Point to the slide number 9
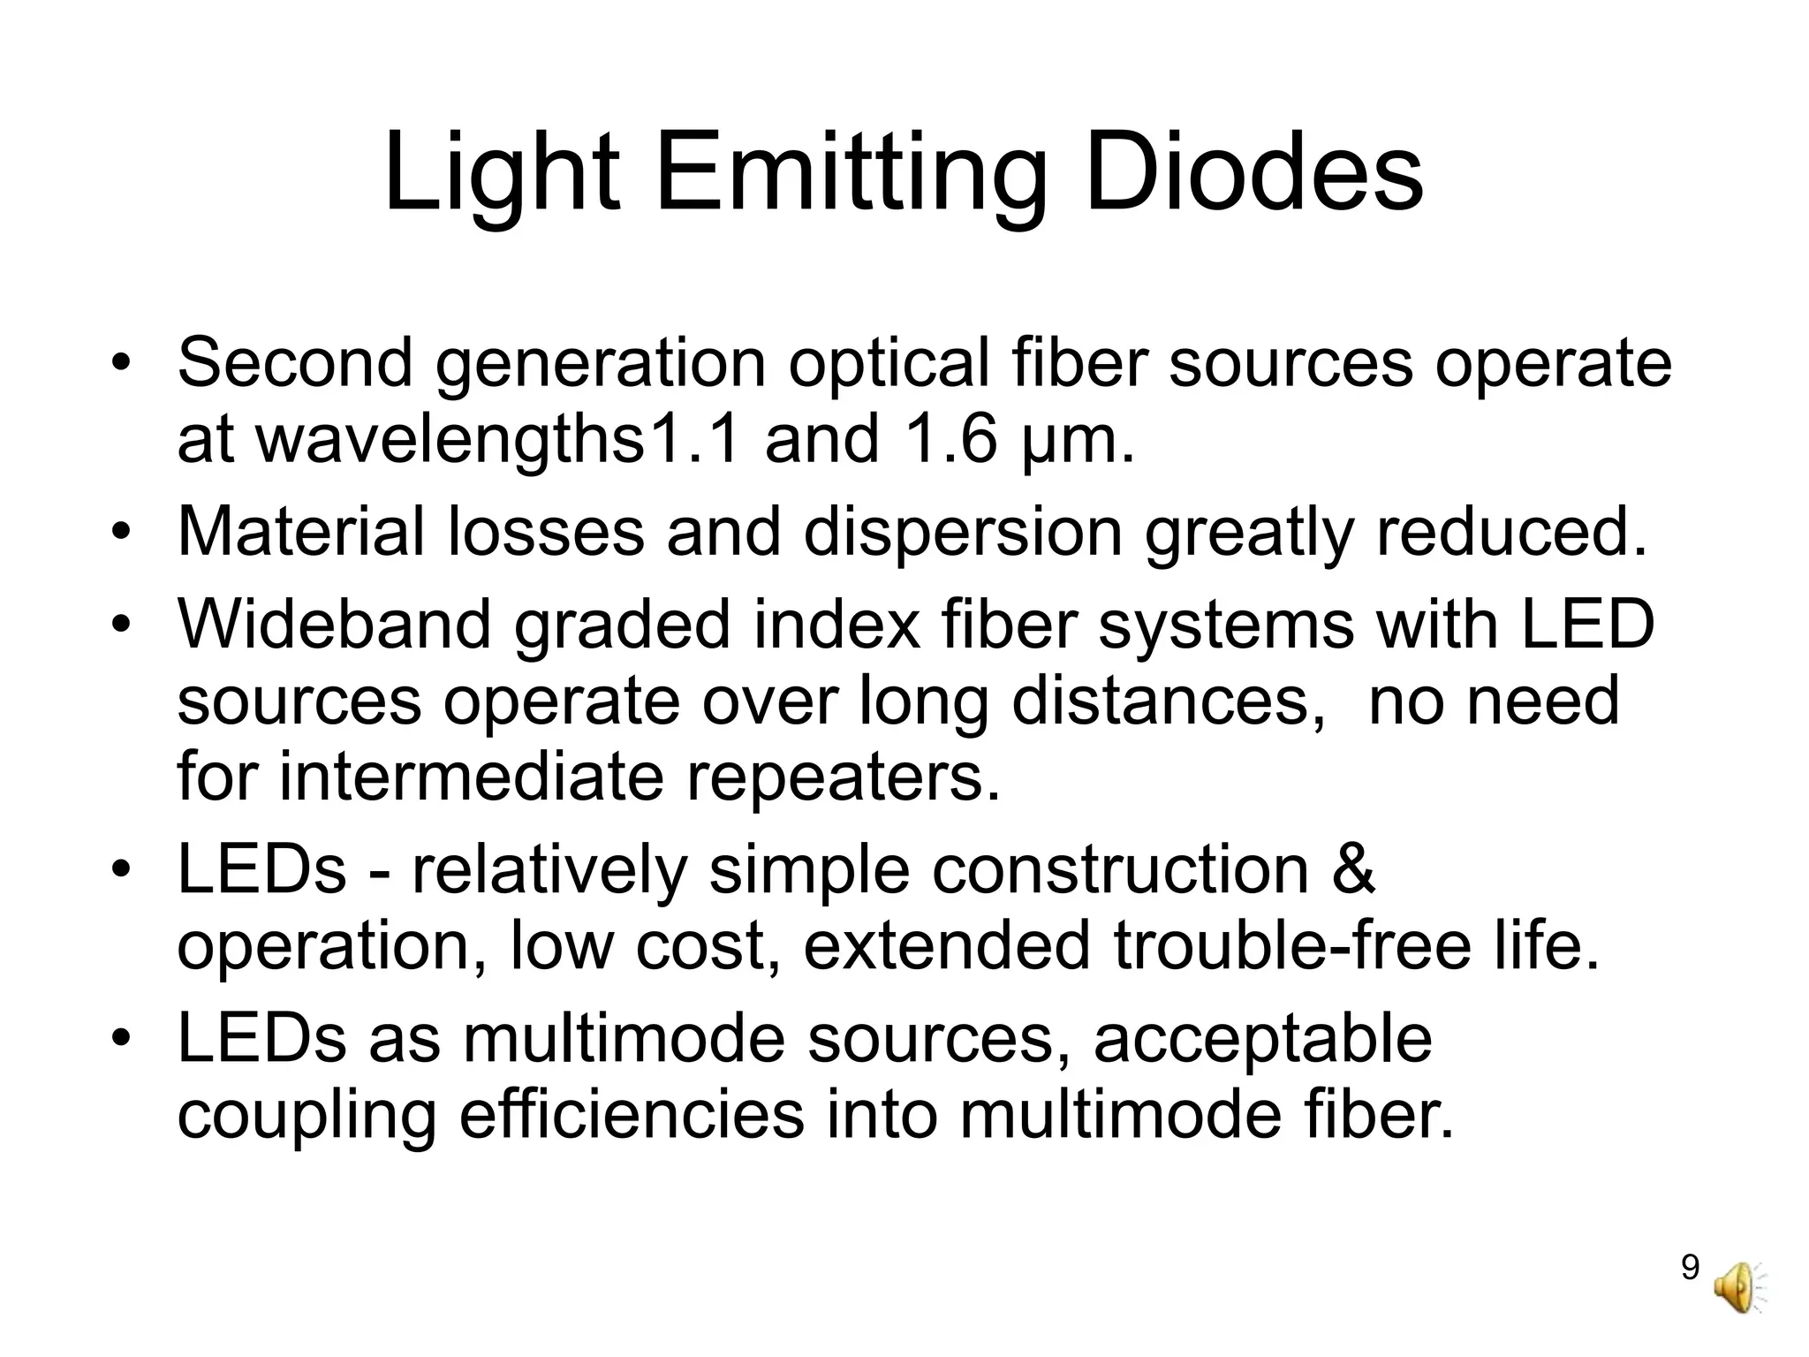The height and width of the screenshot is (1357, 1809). pos(1690,1268)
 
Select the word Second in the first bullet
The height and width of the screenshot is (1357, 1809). pos(295,362)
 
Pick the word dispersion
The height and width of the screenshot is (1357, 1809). pos(962,534)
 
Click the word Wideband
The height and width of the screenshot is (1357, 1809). pos(335,623)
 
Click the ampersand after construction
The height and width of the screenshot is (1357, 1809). pos(1352,869)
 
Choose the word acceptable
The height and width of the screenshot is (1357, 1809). pos(1262,1040)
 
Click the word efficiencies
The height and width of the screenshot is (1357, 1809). pos(632,1116)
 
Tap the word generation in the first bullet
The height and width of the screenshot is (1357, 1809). pos(601,364)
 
